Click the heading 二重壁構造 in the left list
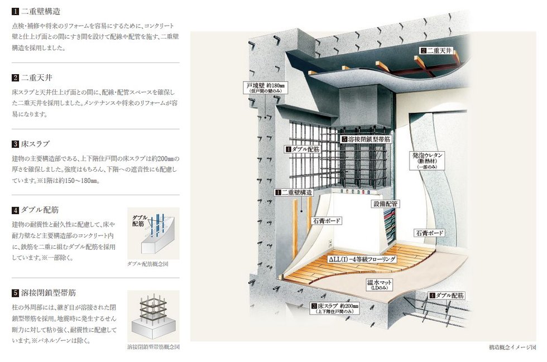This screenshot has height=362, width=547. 41,11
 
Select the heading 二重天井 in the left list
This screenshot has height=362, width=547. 37,78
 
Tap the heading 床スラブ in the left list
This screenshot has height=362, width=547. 36,144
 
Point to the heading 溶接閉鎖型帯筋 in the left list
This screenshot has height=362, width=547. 49,293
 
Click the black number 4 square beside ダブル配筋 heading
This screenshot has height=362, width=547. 15,210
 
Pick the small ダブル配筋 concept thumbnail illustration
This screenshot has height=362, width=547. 153,233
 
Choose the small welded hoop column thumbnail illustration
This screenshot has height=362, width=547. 153,316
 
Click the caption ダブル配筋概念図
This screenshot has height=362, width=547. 147,264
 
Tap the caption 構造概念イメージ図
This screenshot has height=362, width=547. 512,347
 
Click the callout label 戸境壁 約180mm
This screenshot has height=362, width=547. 266,88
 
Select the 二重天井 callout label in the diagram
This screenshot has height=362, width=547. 436,51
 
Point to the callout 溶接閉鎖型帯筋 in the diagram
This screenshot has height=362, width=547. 366,139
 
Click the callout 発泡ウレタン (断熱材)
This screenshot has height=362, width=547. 428,161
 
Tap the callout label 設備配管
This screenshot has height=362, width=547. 385,204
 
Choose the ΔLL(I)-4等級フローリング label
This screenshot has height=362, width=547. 362,259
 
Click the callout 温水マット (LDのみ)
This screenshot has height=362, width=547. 379,284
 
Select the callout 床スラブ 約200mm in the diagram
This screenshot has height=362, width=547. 334,308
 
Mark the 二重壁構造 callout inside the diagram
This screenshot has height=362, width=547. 294,192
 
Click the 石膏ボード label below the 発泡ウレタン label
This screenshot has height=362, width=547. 429,233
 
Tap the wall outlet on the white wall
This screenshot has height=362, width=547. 329,243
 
